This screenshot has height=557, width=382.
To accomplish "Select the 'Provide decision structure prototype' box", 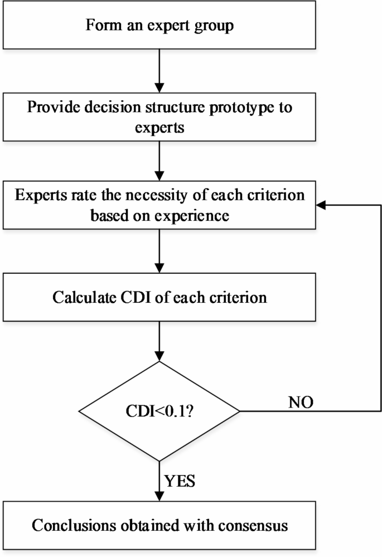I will point(159,116).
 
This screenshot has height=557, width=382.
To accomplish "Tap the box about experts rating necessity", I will point(159,205).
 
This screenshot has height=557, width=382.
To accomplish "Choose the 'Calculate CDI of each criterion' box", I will point(159,297).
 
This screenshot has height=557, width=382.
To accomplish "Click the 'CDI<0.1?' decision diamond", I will point(159,412).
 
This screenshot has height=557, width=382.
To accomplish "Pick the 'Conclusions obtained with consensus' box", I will point(159,525).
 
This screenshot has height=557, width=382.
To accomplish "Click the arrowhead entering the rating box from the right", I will point(322,206).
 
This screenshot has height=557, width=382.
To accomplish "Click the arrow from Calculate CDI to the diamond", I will point(160,342).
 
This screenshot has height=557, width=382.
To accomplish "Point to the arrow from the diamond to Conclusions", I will point(160,482).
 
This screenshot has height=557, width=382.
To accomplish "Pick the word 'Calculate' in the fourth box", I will point(79,297).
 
